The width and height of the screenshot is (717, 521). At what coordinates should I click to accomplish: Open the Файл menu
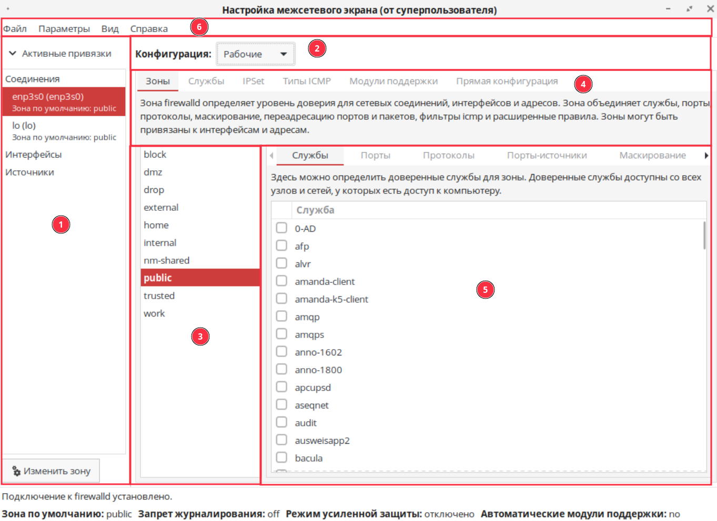pyautogui.click(x=15, y=28)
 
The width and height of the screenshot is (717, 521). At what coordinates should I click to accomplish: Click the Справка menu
pyautogui.click(x=149, y=28)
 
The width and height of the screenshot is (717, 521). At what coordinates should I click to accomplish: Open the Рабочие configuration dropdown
pyautogui.click(x=255, y=54)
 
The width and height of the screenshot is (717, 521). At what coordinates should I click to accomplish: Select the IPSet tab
pyautogui.click(x=253, y=81)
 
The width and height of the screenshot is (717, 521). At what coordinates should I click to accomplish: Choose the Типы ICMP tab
pyautogui.click(x=307, y=81)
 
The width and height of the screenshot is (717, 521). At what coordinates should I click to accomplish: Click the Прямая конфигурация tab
pyautogui.click(x=507, y=81)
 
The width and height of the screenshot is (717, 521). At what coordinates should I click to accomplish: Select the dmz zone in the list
pyautogui.click(x=153, y=172)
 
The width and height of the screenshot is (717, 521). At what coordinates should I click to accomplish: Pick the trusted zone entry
pyautogui.click(x=159, y=295)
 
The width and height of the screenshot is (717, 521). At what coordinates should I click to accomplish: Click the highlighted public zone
pyautogui.click(x=158, y=278)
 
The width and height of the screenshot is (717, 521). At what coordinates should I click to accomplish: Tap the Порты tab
pyautogui.click(x=375, y=155)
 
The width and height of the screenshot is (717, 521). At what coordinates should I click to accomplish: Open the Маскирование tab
pyautogui.click(x=652, y=155)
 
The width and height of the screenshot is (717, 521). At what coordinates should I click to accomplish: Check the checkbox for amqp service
pyautogui.click(x=281, y=316)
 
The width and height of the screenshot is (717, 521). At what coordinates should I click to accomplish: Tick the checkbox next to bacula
pyautogui.click(x=281, y=457)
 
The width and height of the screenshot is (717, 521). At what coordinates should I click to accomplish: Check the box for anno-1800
pyautogui.click(x=281, y=369)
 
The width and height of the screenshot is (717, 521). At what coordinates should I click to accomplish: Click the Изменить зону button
pyautogui.click(x=51, y=471)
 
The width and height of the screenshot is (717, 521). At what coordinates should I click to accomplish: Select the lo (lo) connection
pyautogui.click(x=24, y=126)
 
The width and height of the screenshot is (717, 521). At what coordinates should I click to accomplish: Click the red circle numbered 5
pyautogui.click(x=485, y=289)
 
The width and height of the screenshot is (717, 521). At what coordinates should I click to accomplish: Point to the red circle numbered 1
pyautogui.click(x=61, y=224)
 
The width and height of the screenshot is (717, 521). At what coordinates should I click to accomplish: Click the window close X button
pyautogui.click(x=710, y=9)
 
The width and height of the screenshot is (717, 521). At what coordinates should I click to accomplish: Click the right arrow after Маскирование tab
pyautogui.click(x=706, y=155)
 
